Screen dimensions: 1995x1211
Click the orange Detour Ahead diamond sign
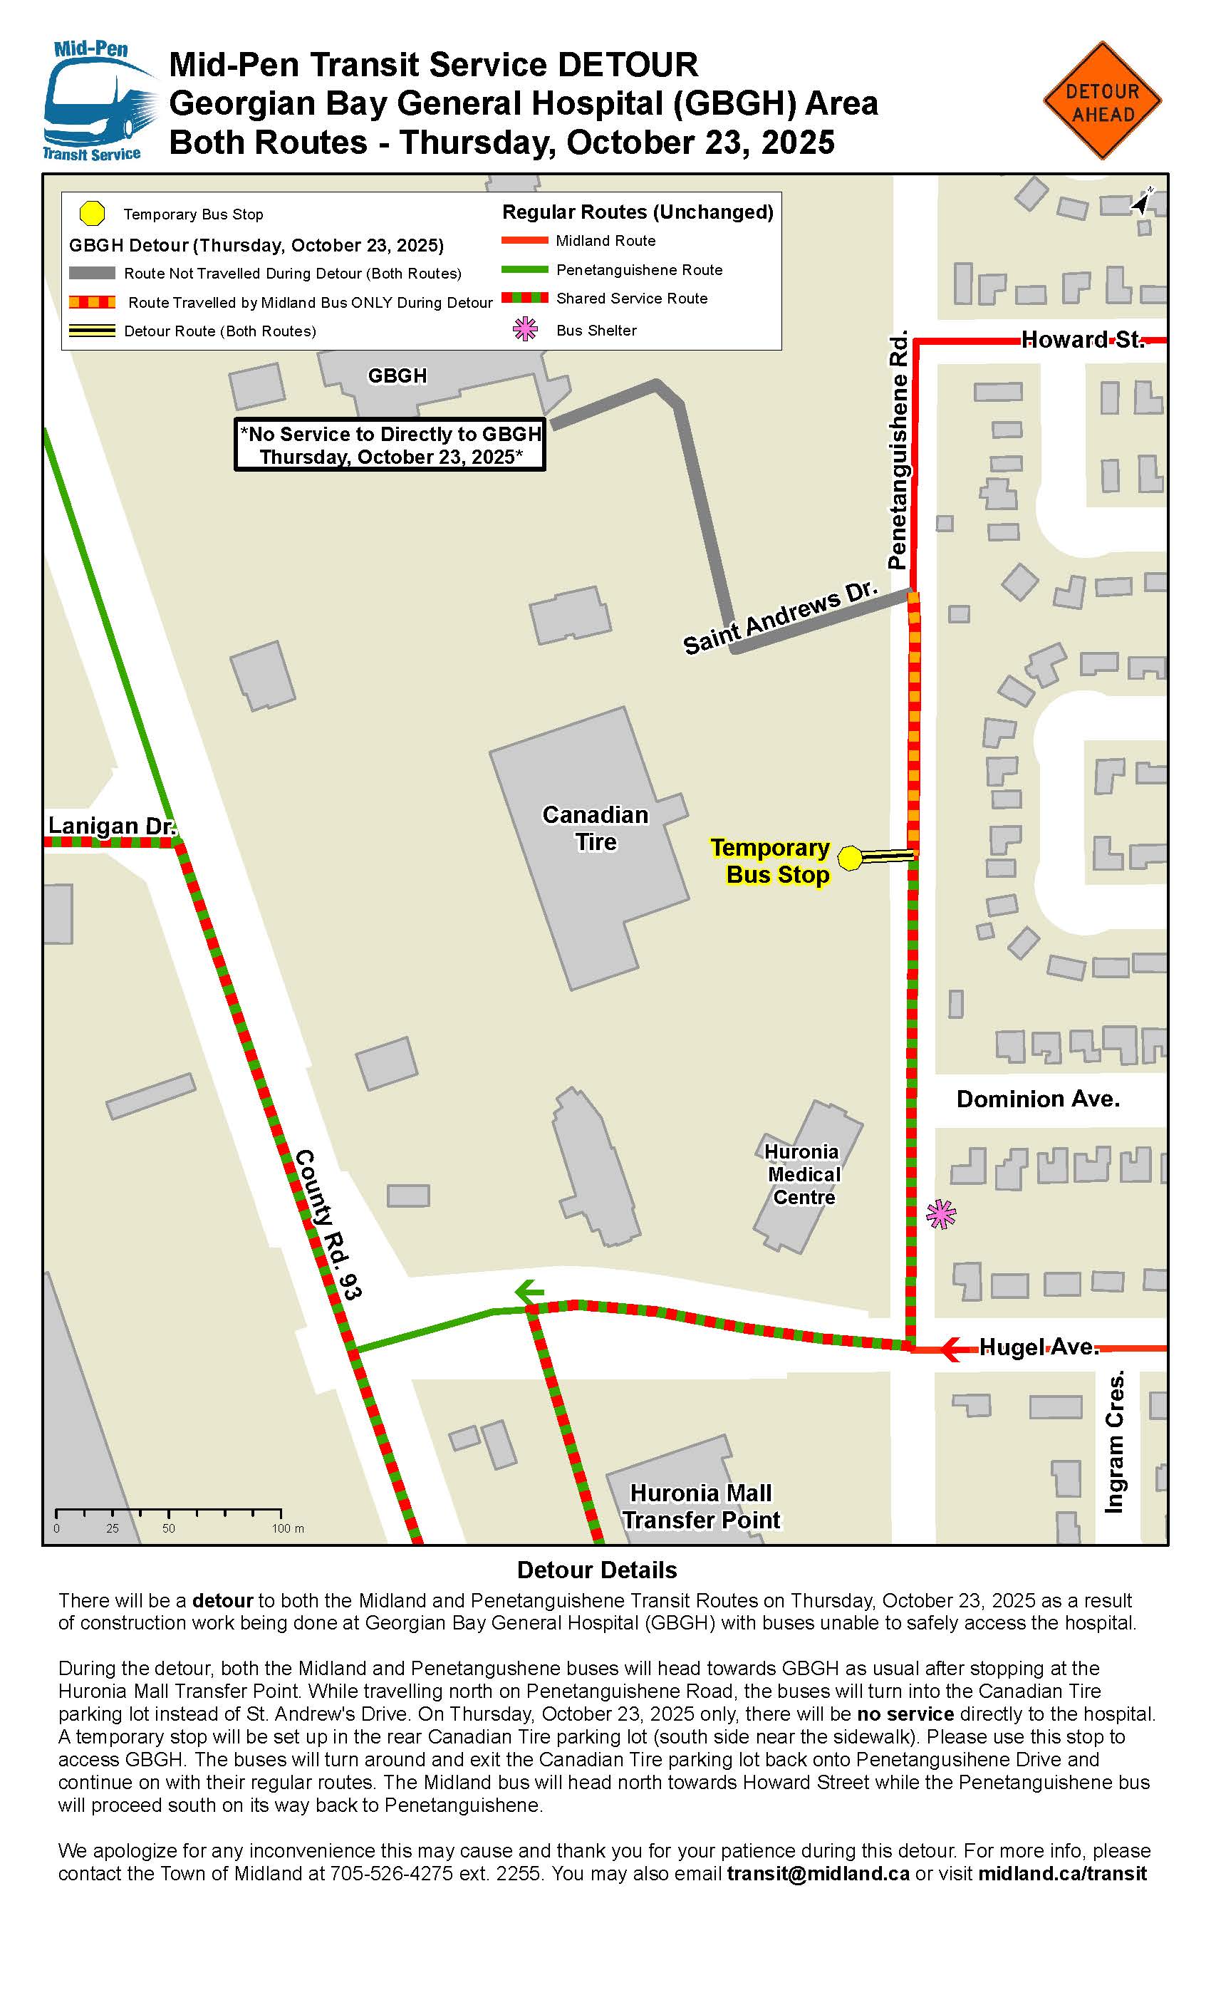(x=1102, y=101)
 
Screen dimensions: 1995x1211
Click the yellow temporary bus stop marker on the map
(x=850, y=859)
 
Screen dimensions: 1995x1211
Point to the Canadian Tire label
(x=596, y=828)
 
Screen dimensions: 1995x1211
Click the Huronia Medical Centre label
(x=803, y=1174)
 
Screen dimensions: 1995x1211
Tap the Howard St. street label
(x=1082, y=339)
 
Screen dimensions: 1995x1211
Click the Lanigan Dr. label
(x=111, y=826)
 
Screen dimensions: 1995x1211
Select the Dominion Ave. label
(x=1038, y=1099)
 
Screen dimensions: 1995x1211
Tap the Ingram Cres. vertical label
(x=1116, y=1441)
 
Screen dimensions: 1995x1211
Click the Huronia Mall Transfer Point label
(x=701, y=1506)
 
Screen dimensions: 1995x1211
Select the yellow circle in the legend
(x=93, y=214)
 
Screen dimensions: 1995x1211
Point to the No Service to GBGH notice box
(x=390, y=445)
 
